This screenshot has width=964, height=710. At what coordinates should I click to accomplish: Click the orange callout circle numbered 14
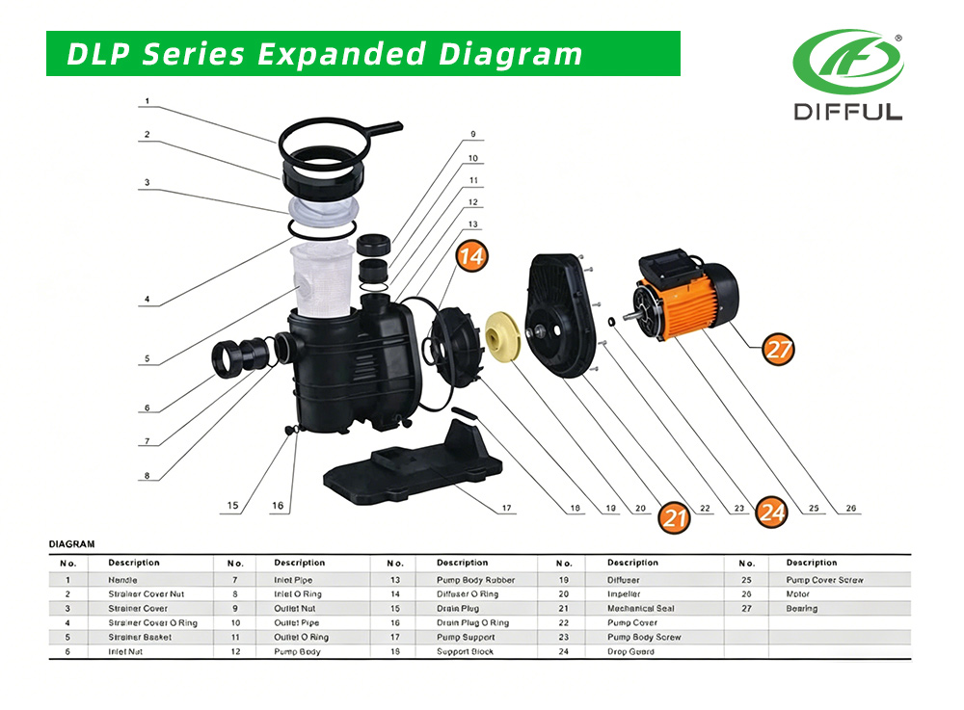(472, 257)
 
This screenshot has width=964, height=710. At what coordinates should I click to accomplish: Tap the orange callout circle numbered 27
(778, 350)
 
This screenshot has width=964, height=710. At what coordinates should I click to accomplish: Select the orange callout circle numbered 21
(675, 518)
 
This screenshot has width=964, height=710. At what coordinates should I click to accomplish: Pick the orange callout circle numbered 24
(771, 513)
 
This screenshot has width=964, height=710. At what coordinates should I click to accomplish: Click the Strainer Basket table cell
(140, 638)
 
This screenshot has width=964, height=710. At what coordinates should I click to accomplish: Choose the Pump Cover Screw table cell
(824, 580)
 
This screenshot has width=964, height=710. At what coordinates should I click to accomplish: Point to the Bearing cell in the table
(801, 609)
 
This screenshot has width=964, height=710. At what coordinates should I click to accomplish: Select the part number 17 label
(506, 508)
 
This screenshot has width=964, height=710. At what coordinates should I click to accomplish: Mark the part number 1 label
(147, 101)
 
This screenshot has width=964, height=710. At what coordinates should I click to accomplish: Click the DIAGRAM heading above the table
(71, 544)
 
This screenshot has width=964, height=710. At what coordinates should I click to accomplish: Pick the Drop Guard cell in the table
(630, 652)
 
